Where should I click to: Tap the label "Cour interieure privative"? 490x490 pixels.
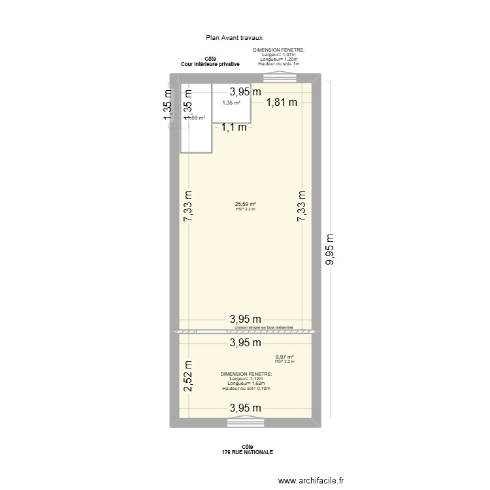point(210,65)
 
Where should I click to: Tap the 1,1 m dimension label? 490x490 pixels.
point(234,127)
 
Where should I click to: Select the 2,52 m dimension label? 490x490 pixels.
point(188,376)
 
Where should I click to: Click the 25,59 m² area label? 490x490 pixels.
point(246,204)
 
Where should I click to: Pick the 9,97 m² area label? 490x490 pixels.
point(285,357)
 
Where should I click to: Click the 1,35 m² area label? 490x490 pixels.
point(231,103)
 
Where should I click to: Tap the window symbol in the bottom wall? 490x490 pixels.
point(245,423)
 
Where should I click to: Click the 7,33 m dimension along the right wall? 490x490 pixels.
point(301,207)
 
